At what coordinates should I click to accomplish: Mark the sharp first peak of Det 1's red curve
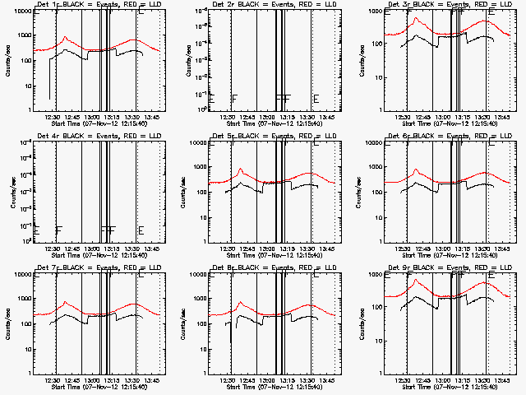click(65, 37)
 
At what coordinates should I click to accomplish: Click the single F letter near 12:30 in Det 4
click(59, 230)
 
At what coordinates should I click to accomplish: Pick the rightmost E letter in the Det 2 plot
click(316, 99)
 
